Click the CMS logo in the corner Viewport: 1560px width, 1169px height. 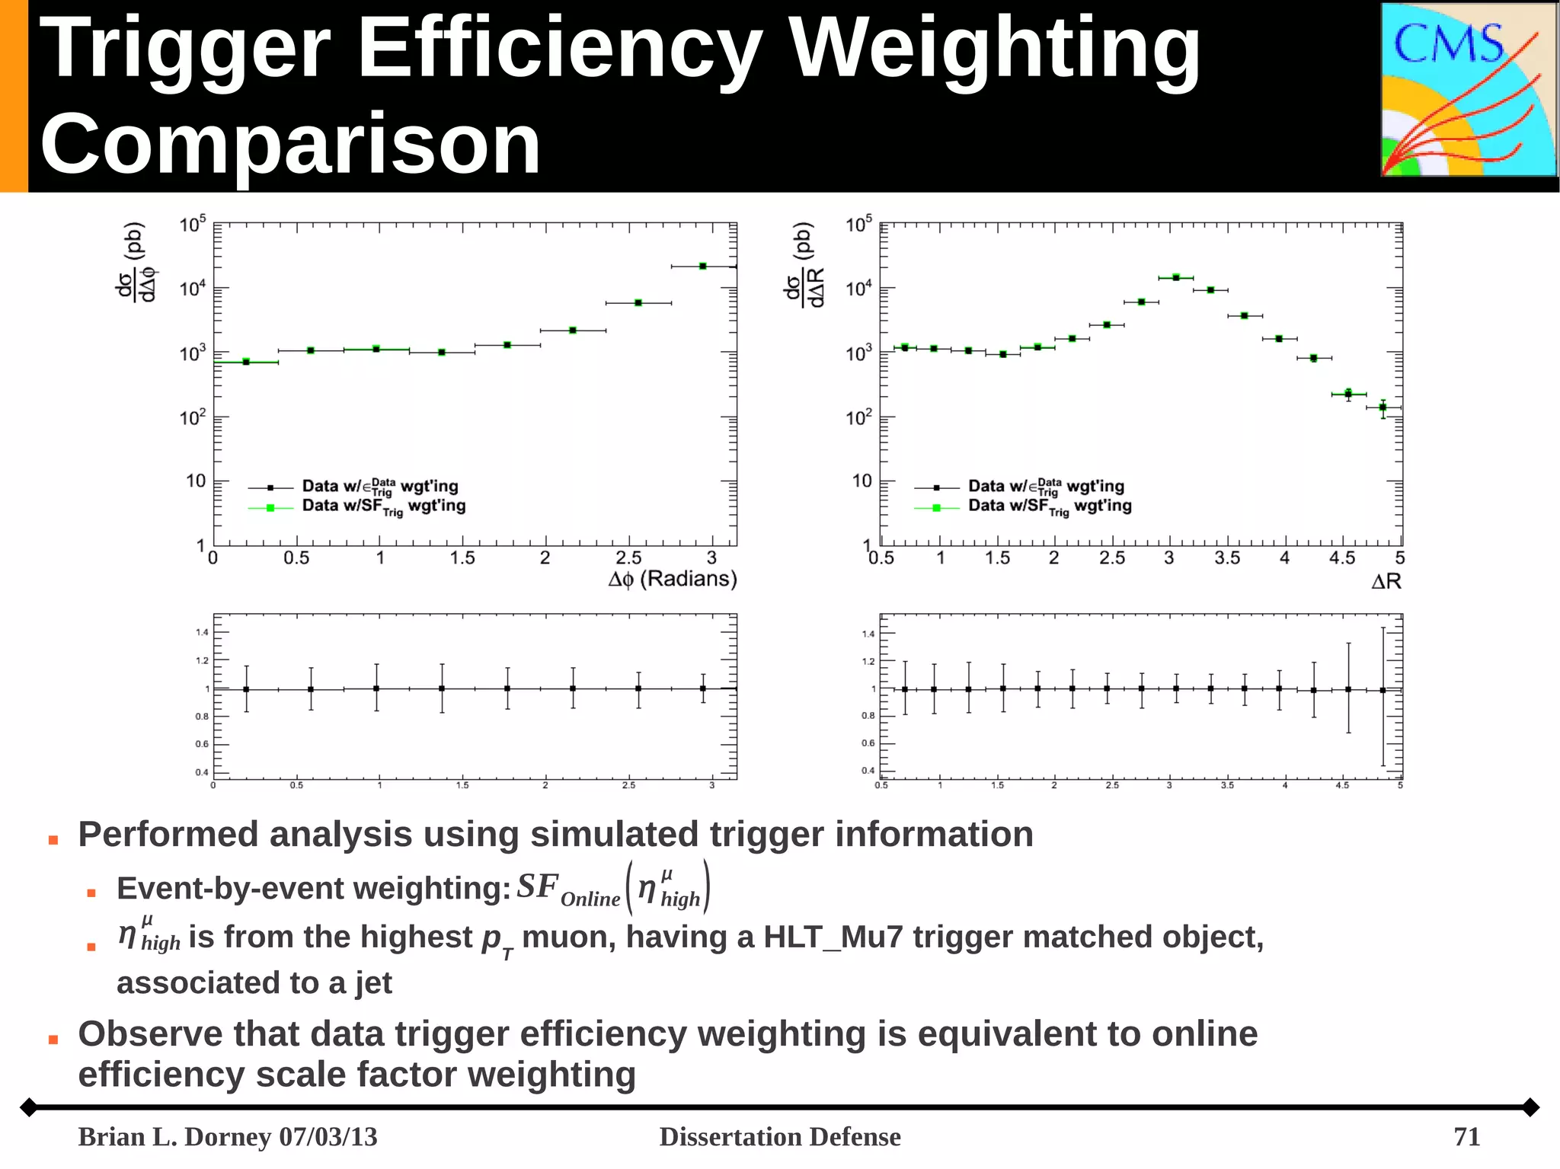point(1469,90)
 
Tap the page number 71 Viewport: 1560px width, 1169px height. point(1466,1136)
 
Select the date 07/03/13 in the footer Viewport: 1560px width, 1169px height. point(328,1136)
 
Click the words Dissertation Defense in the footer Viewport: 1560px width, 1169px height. point(779,1136)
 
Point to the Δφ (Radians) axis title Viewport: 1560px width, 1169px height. point(672,580)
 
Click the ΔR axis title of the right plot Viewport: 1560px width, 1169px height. point(1386,582)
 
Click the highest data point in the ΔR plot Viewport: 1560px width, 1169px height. point(1176,278)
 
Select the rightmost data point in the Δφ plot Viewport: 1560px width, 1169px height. point(703,267)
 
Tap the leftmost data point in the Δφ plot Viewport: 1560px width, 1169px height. point(246,362)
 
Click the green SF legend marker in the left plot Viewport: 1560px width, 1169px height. point(270,507)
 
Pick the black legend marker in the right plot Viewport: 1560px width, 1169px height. point(936,487)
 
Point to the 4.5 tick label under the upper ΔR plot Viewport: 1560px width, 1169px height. point(1341,558)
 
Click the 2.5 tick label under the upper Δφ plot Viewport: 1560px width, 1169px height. point(628,558)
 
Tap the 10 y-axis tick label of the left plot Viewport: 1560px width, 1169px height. point(196,481)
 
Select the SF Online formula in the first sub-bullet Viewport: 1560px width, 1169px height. point(613,888)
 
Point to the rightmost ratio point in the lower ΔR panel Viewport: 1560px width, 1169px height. point(1383,691)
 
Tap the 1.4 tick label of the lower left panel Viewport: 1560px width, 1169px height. point(202,632)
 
